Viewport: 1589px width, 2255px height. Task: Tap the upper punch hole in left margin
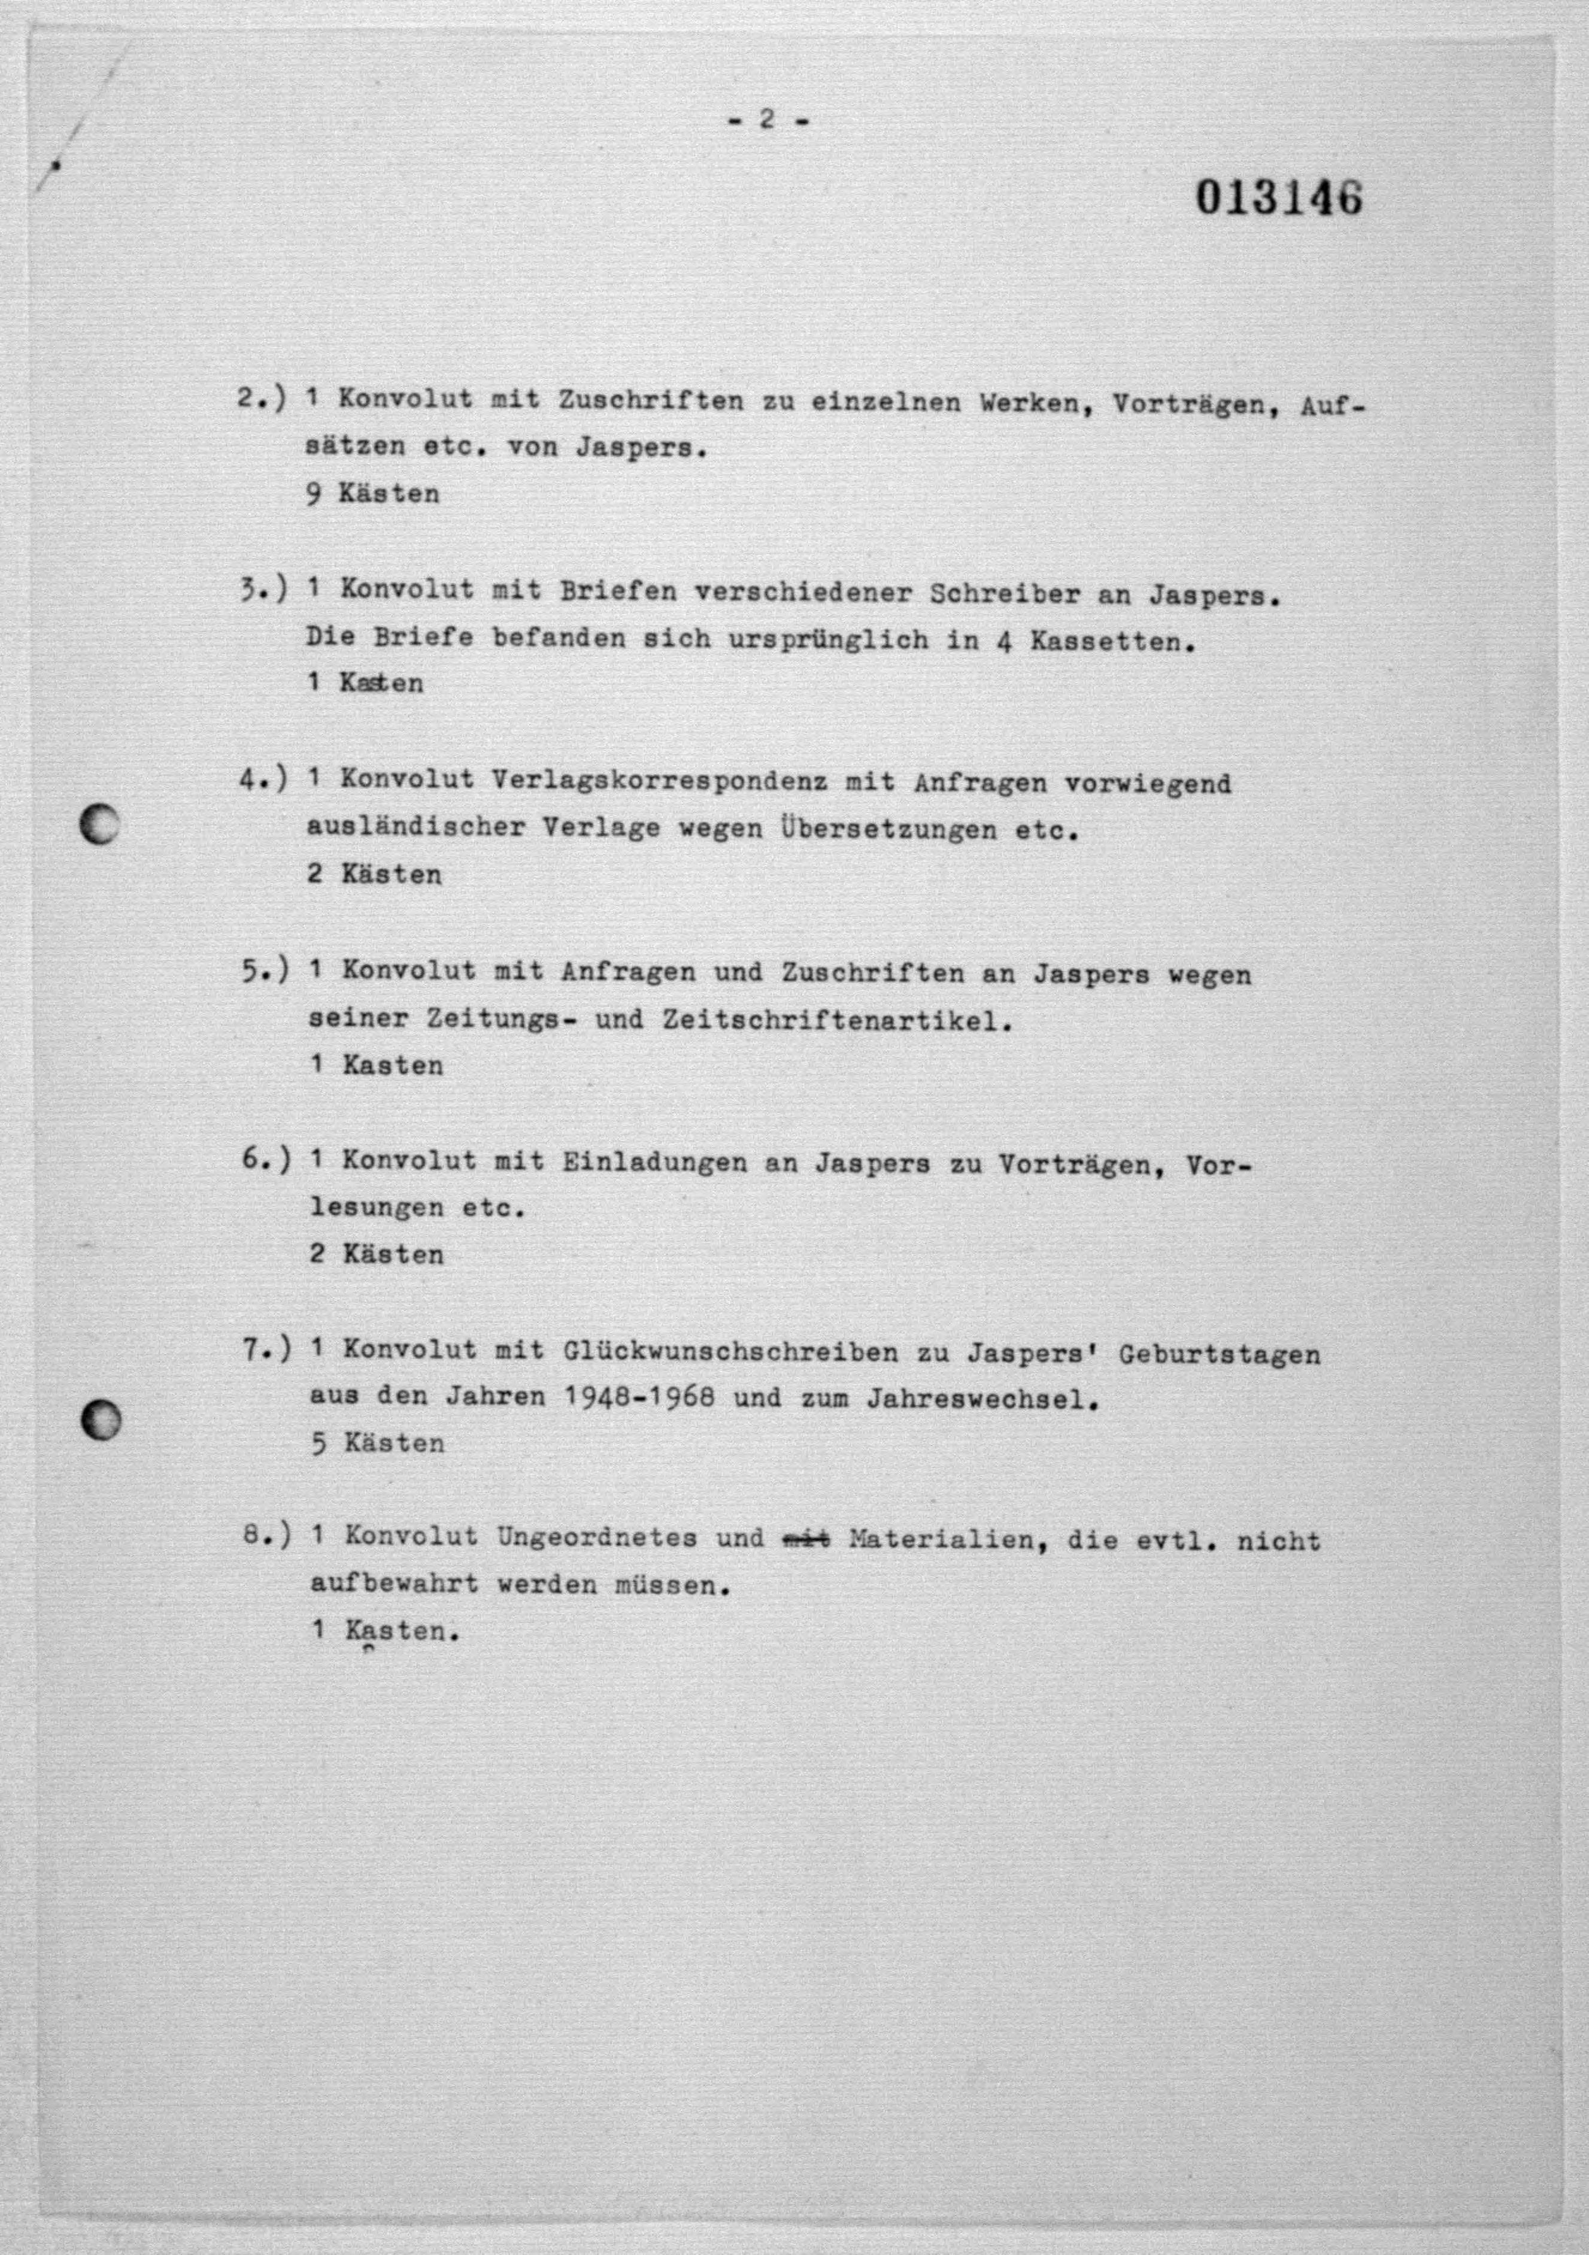[x=99, y=823]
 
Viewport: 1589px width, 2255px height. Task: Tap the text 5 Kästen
[x=378, y=1443]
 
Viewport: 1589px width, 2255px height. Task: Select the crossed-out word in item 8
[x=805, y=1538]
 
